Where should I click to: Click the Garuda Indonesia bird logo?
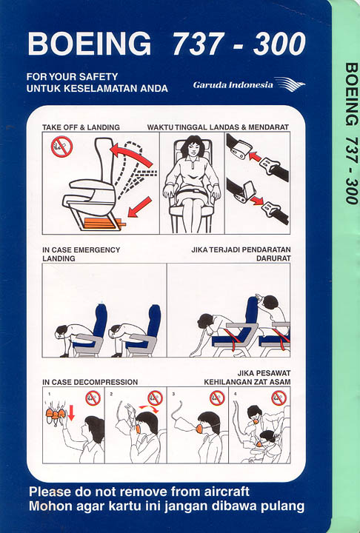click(289, 84)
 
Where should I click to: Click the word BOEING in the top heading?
click(90, 44)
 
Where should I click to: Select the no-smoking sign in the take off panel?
click(61, 146)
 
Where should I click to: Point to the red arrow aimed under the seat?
click(139, 207)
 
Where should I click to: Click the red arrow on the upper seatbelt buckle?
click(255, 156)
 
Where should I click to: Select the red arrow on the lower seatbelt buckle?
click(257, 201)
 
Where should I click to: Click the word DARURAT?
click(273, 258)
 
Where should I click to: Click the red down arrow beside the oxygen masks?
click(71, 412)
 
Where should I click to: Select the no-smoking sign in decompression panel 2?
click(155, 398)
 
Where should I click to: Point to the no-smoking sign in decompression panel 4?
click(279, 398)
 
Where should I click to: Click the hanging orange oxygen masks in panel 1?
click(56, 414)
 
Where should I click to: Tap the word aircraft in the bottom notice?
click(227, 492)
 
